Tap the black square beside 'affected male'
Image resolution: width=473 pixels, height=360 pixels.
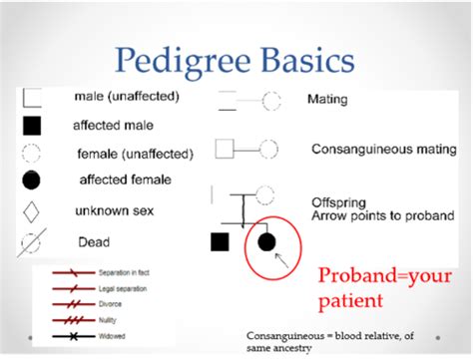pos(31,126)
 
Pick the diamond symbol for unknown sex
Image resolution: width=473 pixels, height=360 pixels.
pos(31,212)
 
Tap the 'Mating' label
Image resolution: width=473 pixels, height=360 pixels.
pos(327,101)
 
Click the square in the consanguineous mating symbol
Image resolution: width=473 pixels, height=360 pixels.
pos(225,150)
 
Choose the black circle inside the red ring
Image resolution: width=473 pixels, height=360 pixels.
pos(267,242)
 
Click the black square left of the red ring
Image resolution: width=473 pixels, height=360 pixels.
pos(221,241)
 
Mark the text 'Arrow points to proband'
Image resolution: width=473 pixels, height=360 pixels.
pos(382,214)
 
